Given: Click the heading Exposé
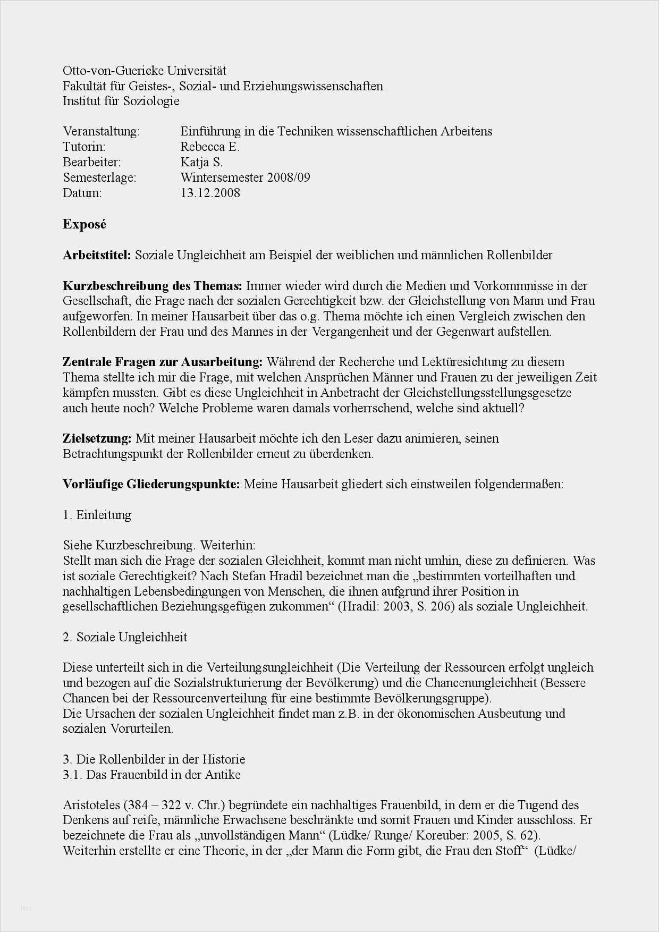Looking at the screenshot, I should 85,224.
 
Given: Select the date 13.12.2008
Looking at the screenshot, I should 210,193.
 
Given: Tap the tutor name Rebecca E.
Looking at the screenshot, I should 210,147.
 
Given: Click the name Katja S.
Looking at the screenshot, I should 201,162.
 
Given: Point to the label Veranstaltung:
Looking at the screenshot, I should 101,131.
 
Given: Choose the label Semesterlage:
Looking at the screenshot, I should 99,177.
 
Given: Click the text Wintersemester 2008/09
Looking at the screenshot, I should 245,177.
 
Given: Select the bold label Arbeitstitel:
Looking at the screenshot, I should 97,255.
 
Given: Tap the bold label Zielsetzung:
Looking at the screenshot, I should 97,439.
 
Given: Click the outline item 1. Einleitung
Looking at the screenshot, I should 97,515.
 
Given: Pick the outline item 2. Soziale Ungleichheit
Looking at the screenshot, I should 125,637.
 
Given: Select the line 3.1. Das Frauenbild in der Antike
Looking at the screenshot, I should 151,775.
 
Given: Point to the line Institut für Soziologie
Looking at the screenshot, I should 121,101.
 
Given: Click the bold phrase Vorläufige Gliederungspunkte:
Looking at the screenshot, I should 151,485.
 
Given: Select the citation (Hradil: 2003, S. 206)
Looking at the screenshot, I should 396,607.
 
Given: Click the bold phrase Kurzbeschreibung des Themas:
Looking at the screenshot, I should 152,286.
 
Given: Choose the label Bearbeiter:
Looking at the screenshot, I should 91,162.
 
